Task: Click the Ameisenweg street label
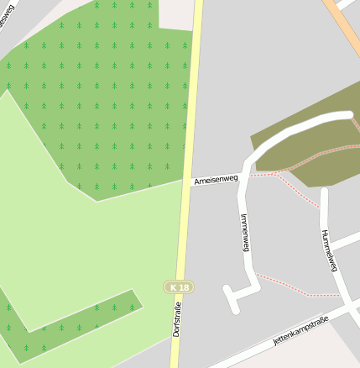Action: [216, 179]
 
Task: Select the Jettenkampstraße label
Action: [300, 330]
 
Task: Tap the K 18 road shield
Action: [178, 287]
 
